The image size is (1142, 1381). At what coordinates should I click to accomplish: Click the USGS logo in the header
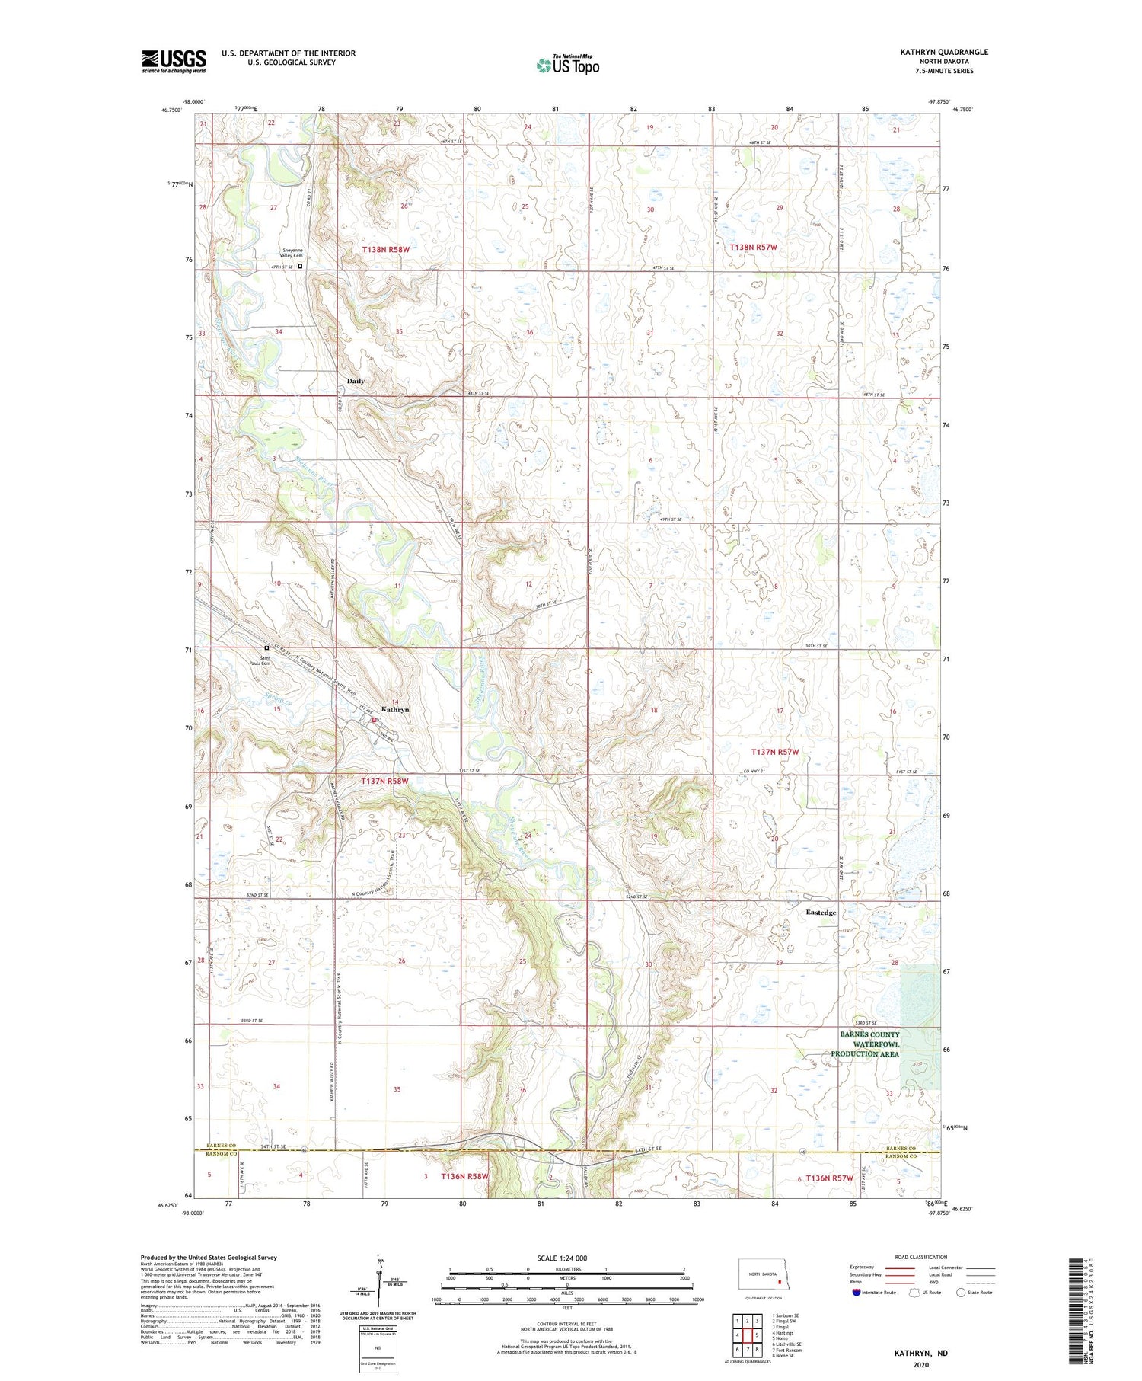(174, 61)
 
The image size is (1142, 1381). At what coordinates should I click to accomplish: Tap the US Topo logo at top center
(568, 65)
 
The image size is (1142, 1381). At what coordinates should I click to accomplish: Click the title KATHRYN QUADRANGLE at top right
(944, 52)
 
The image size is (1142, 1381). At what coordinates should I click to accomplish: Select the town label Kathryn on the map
(395, 709)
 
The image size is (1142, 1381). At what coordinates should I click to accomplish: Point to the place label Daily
(356, 381)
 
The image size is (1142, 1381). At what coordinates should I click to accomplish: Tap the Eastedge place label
(821, 912)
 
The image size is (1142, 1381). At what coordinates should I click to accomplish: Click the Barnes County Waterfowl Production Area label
(869, 1044)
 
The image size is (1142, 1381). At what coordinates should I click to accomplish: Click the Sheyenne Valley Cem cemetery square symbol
(300, 267)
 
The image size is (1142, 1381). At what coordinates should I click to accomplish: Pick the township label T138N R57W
(753, 248)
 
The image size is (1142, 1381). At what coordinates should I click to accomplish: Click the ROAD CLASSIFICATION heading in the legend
(920, 1257)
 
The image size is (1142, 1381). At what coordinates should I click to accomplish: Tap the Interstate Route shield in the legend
(856, 1292)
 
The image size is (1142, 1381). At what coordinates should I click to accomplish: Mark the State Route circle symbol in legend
(961, 1292)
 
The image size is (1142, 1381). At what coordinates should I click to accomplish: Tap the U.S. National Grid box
(378, 1348)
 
